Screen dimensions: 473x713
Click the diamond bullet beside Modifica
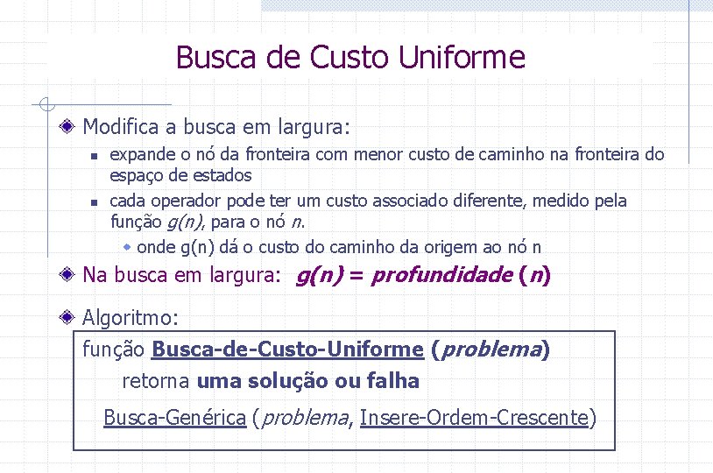click(68, 127)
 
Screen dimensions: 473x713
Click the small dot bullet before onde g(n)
click(128, 247)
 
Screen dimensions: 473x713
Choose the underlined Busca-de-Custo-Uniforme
click(287, 350)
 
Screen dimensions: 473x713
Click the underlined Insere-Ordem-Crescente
click(474, 418)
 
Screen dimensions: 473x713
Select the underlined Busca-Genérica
click(174, 418)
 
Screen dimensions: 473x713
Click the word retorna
click(156, 381)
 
